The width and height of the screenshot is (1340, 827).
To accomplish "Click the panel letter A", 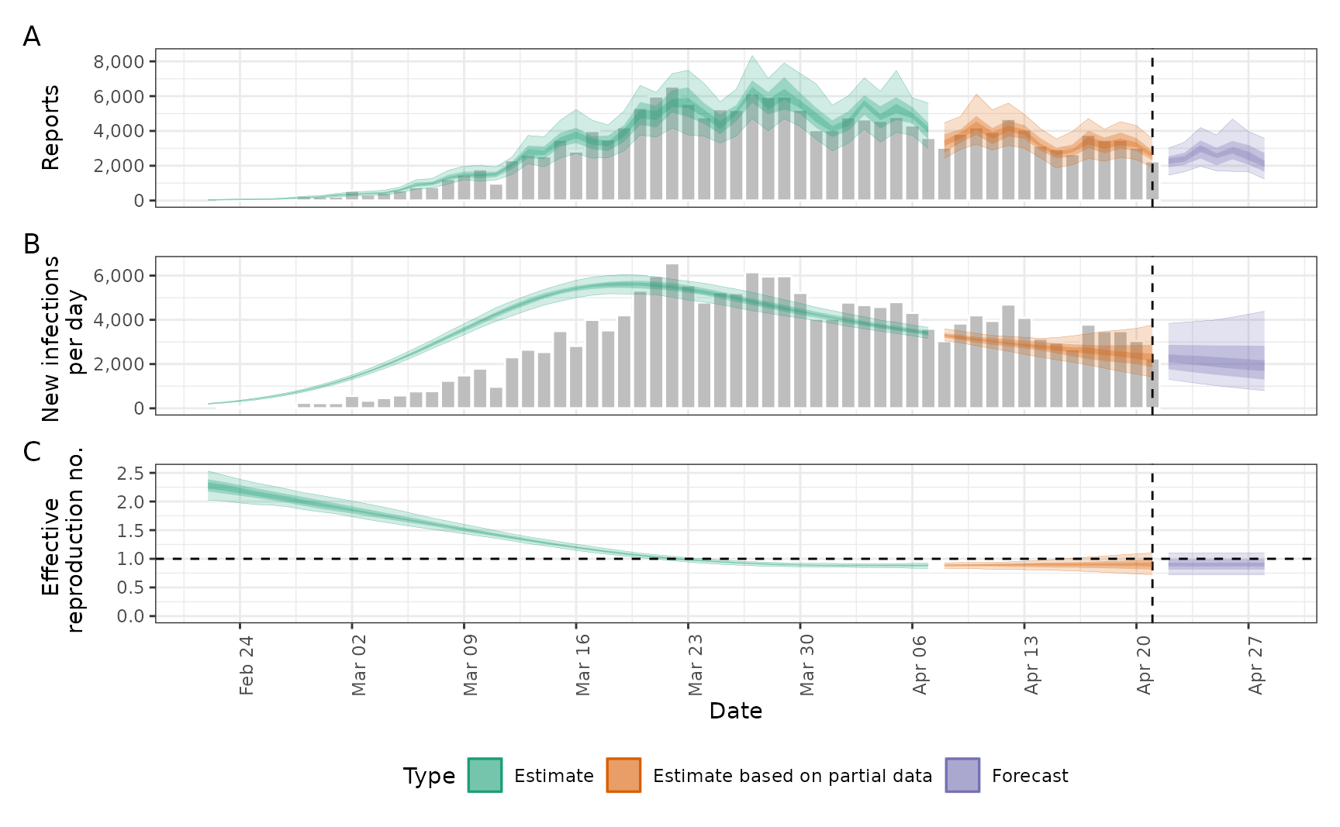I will [32, 36].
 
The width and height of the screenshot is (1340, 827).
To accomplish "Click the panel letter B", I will [32, 244].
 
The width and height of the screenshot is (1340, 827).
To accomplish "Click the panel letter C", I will [32, 451].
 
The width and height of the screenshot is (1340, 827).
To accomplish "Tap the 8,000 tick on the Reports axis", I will [119, 62].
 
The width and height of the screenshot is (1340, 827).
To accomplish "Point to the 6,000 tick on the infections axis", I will [119, 277].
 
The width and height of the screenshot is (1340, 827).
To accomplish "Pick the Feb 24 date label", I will [247, 665].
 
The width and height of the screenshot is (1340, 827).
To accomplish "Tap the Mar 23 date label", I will [695, 665].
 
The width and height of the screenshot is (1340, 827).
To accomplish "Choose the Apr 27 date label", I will [1255, 665].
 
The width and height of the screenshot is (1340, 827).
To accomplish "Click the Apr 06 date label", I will [920, 665].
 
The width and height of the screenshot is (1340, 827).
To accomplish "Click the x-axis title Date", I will [735, 712].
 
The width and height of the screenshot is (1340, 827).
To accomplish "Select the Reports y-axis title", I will [50, 128].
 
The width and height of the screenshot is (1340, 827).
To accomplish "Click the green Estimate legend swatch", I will [485, 775].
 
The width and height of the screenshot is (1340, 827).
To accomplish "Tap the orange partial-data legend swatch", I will [623, 775].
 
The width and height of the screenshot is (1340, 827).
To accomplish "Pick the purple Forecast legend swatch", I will [962, 775].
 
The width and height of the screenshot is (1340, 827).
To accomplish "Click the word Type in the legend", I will [429, 776].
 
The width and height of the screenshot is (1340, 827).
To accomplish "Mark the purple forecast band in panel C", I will [1216, 563].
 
